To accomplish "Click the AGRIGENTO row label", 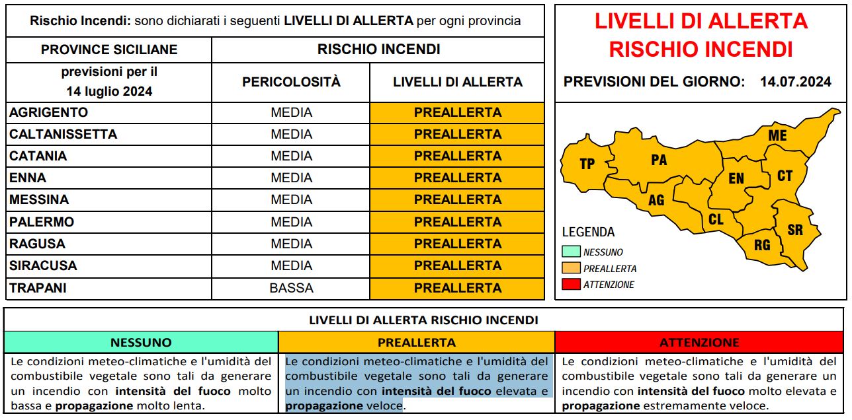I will [48, 112].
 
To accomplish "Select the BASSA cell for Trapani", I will [291, 288].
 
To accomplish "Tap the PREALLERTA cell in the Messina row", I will [457, 199].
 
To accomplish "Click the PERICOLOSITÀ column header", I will [291, 82].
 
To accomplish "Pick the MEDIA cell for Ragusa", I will [291, 244].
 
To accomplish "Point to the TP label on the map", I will [587, 164].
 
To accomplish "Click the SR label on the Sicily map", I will [795, 230].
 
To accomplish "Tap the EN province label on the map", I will [736, 179].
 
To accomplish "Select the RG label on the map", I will [762, 245].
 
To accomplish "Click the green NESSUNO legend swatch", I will [571, 252].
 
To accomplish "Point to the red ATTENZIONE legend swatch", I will [571, 285].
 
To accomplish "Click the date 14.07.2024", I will [795, 82].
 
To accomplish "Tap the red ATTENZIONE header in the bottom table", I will [699, 342].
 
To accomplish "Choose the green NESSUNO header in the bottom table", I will [141, 342].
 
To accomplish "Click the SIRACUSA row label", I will [43, 265].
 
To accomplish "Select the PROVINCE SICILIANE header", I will [109, 50].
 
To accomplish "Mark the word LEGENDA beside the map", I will [588, 232].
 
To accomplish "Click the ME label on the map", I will [777, 135].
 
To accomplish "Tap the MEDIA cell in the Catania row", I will [291, 156].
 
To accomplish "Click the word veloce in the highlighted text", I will [384, 406].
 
